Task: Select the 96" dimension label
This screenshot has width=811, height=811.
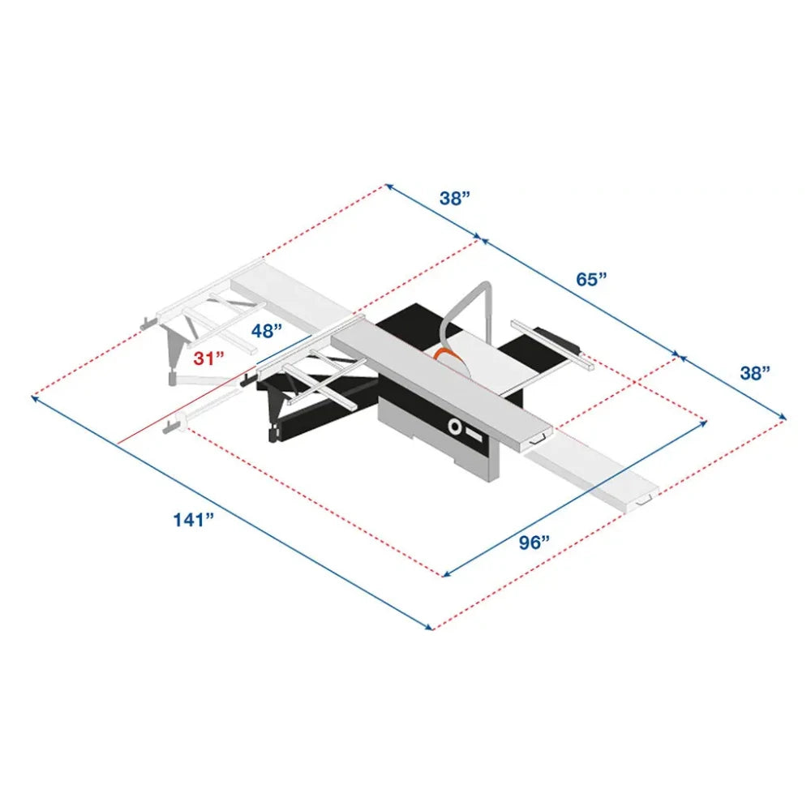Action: coord(535,543)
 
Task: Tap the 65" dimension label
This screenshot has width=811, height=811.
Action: coord(592,279)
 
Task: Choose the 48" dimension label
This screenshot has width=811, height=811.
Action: coord(266,330)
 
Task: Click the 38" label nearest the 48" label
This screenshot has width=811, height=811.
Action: coord(456,199)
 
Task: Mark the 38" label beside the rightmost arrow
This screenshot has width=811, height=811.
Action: coord(754,373)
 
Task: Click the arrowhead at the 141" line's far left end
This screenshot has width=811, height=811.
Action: coord(35,397)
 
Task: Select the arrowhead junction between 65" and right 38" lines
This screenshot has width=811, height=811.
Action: coord(678,355)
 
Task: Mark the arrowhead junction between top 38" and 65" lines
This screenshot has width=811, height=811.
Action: coord(483,240)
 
